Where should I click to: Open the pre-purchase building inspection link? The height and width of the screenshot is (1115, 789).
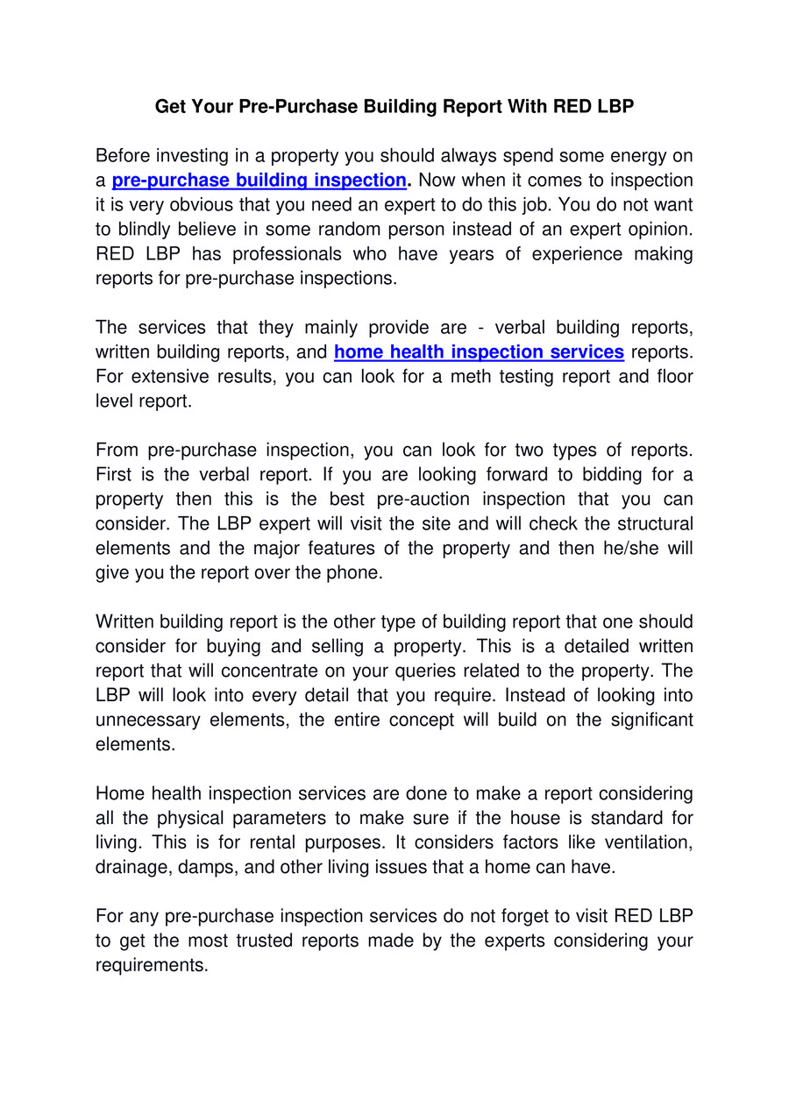pos(259,181)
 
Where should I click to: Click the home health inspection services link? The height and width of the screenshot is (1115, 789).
pos(479,352)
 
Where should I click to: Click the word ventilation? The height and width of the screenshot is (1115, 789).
pos(644,843)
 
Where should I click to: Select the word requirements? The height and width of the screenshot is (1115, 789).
pos(152,966)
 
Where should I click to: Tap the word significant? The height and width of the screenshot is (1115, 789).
pos(649,721)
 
